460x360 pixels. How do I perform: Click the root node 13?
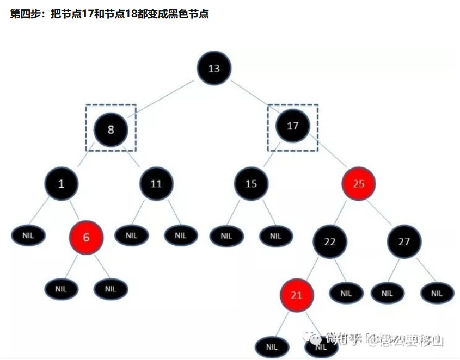214,69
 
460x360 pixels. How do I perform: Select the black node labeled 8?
111,129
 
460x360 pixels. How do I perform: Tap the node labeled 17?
293,126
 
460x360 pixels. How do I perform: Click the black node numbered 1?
62,183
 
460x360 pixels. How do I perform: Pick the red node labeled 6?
86,238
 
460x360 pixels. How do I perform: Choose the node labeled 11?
156,183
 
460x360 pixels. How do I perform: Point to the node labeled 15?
251,183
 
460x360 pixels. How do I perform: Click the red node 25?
358,183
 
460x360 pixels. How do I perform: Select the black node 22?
330,242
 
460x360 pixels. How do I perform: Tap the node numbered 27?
404,242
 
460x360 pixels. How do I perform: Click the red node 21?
297,295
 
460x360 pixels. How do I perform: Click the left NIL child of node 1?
28,235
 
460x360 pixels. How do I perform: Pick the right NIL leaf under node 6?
111,289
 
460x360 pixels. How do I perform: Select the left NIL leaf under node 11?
131,235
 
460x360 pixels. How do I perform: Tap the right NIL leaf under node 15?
275,236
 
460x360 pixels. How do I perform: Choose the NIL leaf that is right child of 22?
346,293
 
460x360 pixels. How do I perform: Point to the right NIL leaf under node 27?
437,293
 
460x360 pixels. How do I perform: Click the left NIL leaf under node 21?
272,346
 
